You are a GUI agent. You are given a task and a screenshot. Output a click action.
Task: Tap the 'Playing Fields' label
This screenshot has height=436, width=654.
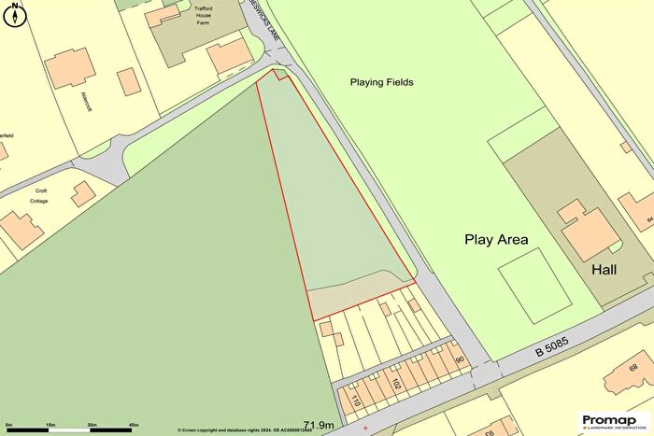[381, 82]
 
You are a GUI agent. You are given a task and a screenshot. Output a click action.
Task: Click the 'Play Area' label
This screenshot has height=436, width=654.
[496, 240]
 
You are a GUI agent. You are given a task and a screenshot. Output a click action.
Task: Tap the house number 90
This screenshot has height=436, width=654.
[460, 360]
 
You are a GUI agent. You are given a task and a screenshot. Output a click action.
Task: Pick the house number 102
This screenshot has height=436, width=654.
[397, 384]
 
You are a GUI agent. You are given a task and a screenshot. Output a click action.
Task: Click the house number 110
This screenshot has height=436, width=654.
[356, 401]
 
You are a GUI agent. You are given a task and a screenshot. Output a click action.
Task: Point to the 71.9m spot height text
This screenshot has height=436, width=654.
[320, 425]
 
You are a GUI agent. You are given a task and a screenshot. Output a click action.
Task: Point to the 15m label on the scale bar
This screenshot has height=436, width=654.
[50, 426]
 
